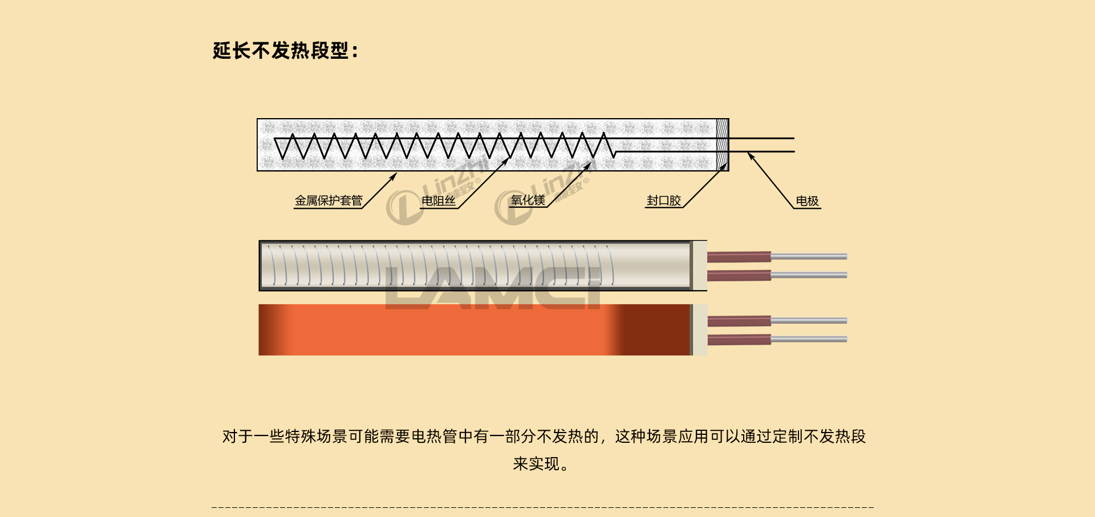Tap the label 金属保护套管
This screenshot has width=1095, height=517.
coord(328,201)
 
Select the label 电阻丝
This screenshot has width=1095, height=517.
coord(439,201)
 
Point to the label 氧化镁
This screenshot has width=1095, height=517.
coord(528,200)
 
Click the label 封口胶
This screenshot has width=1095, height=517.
coord(664,201)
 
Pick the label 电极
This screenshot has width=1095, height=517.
coord(807,201)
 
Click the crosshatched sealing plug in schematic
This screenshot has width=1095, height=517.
coord(722,144)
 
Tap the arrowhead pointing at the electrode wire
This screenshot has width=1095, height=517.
coord(751,155)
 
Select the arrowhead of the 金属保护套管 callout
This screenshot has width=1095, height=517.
coord(394,176)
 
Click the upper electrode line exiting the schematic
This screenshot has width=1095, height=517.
coord(761,138)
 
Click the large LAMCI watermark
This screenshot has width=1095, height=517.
coord(493,288)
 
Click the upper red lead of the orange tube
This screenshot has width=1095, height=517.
coord(739,321)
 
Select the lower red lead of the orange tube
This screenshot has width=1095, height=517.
coord(739,340)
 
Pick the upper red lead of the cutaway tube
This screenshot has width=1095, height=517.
coord(739,257)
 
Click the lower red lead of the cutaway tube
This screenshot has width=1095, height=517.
coord(739,276)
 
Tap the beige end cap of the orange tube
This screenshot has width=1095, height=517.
coord(700,330)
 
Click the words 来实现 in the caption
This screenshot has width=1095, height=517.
coord(536,464)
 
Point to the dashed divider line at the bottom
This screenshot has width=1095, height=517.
coord(542,507)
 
